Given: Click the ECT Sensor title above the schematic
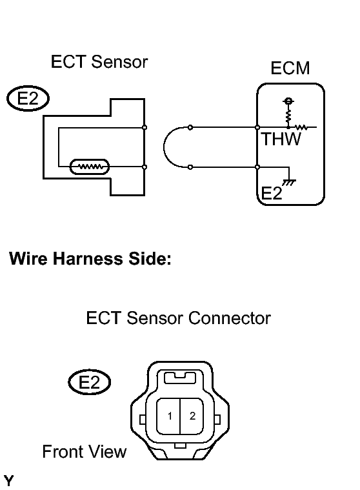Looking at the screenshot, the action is (99, 61).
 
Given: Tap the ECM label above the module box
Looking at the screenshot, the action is (290, 68).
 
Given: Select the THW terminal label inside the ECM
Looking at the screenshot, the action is (281, 139).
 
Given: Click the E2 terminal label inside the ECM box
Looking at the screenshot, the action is (271, 193).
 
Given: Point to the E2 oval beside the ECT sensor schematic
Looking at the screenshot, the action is (28, 98).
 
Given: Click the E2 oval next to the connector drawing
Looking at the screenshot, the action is (89, 382).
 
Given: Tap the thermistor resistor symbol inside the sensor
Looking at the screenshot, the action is (89, 167).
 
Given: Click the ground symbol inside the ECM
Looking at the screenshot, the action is (289, 182).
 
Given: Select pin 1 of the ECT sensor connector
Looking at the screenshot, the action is (170, 416).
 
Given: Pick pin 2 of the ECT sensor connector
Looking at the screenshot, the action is (192, 416).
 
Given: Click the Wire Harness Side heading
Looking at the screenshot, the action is (90, 259).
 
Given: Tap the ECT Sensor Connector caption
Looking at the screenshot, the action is (178, 318).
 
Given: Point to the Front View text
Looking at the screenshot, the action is (85, 451).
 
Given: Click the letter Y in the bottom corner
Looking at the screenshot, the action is (9, 480).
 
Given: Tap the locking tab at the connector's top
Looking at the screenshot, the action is (180, 378).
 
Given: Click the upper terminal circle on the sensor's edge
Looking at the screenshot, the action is (145, 127).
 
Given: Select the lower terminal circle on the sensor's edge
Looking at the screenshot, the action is (145, 167).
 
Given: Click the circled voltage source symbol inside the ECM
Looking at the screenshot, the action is (288, 101).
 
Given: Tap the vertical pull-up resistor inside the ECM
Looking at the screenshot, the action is (288, 116).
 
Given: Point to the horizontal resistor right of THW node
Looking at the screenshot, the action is (302, 127).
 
